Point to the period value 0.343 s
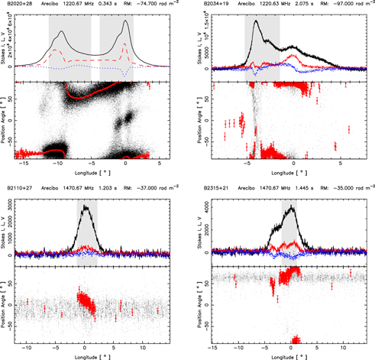110,5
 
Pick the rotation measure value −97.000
341,5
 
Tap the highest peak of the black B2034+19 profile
255,21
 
